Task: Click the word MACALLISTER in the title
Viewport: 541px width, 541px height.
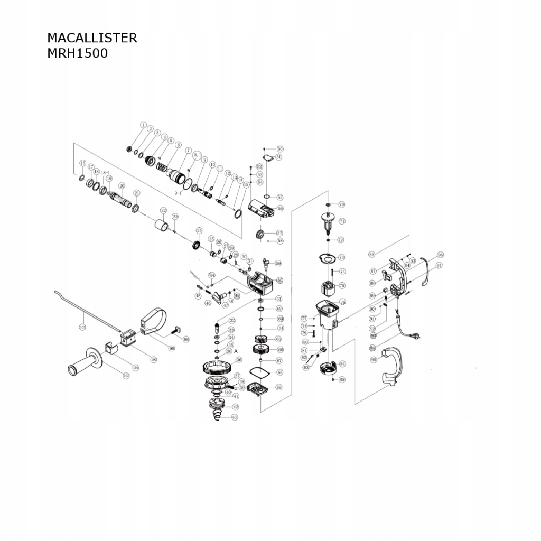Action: pyautogui.click(x=92, y=38)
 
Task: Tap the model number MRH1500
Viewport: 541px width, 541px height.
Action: pyautogui.click(x=77, y=53)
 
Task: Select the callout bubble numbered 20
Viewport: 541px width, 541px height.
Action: pyautogui.click(x=122, y=186)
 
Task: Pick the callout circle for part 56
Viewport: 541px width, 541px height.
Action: pyautogui.click(x=280, y=209)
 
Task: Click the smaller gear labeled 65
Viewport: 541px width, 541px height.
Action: pyautogui.click(x=260, y=339)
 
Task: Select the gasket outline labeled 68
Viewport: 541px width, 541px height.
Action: pyautogui.click(x=260, y=372)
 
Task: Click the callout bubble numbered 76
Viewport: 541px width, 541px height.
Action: pyautogui.click(x=342, y=303)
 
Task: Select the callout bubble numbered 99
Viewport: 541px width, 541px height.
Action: pyautogui.click(x=172, y=348)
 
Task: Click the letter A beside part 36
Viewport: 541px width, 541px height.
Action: pyautogui.click(x=236, y=350)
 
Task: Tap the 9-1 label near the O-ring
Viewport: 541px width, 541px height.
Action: pyautogui.click(x=178, y=193)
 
